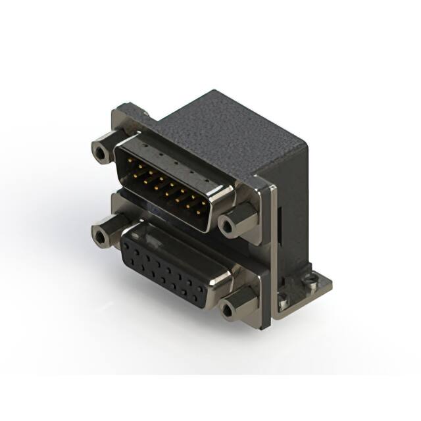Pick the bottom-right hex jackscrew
coord(228,308)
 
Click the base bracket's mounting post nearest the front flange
coord(282,303)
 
